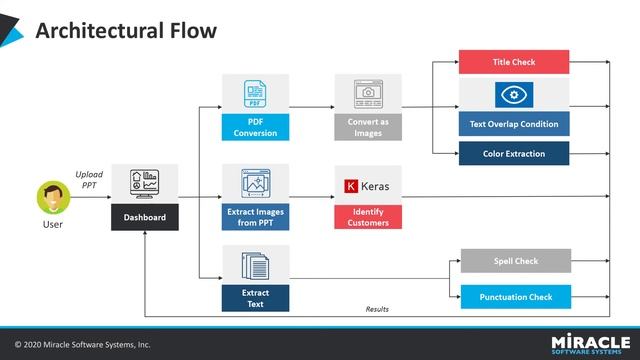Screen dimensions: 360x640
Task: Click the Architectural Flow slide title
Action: coord(125,31)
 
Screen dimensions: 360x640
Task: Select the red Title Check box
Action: coord(514,62)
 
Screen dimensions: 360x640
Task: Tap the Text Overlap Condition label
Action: coord(514,125)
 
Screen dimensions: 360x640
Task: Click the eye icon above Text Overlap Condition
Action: coord(514,95)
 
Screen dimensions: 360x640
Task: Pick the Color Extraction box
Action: coord(514,154)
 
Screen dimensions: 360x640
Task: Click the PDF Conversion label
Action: coord(255,127)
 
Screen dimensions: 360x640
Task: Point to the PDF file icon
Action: coord(255,94)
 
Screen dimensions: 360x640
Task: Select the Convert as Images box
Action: coord(368,127)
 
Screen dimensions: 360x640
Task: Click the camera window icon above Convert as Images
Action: coord(368,94)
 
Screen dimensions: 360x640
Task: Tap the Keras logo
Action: coord(368,185)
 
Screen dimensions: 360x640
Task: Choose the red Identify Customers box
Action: coord(368,217)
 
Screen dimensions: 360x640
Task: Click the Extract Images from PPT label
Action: coord(255,217)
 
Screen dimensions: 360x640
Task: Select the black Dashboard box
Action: coord(144,217)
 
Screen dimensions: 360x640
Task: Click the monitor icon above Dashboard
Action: coord(144,184)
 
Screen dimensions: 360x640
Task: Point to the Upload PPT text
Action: coord(89,180)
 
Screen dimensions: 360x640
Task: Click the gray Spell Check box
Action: coord(515,261)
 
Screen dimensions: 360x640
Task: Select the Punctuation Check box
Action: coord(515,296)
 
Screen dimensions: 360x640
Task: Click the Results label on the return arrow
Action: coord(377,309)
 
